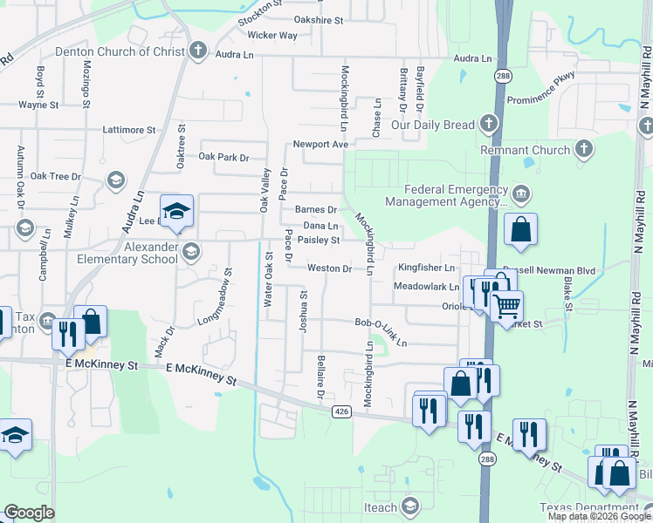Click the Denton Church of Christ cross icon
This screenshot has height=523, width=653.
198,51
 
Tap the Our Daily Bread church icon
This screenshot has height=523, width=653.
488,125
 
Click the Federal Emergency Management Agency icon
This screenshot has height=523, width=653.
520,193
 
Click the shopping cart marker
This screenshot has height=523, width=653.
505,306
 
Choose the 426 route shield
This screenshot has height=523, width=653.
341,411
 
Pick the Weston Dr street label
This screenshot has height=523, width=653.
329,268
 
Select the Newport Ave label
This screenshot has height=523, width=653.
320,144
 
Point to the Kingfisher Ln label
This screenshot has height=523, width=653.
428,268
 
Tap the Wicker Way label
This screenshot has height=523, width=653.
272,36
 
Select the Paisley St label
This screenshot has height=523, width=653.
318,240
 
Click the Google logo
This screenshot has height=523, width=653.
29,513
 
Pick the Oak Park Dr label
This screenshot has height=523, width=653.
223,157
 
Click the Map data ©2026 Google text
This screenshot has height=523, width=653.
599,516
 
